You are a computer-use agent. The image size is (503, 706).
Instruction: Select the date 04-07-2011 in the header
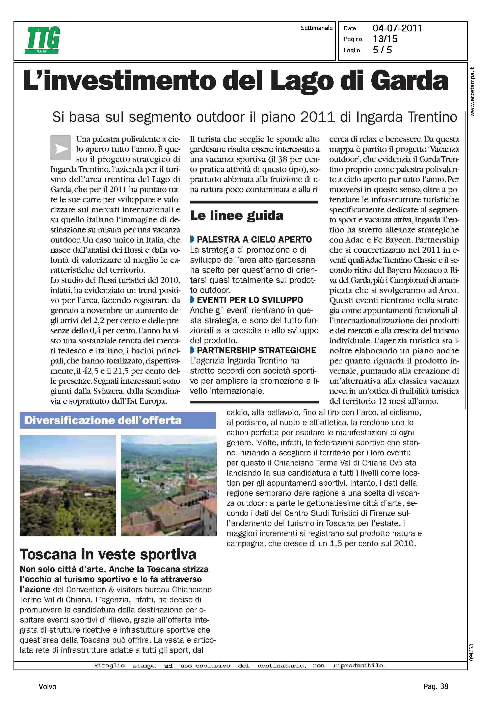pyautogui.click(x=397, y=28)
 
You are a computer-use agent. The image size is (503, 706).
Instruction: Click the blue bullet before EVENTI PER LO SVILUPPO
pyautogui.click(x=192, y=300)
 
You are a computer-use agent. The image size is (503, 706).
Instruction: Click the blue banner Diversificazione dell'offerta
pyautogui.click(x=118, y=420)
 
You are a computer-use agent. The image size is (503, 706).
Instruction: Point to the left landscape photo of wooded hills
pyautogui.click(x=68, y=485)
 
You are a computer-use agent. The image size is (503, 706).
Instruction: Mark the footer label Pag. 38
pyautogui.click(x=436, y=686)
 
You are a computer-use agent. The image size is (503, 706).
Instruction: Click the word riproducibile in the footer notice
pyautogui.click(x=359, y=666)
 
